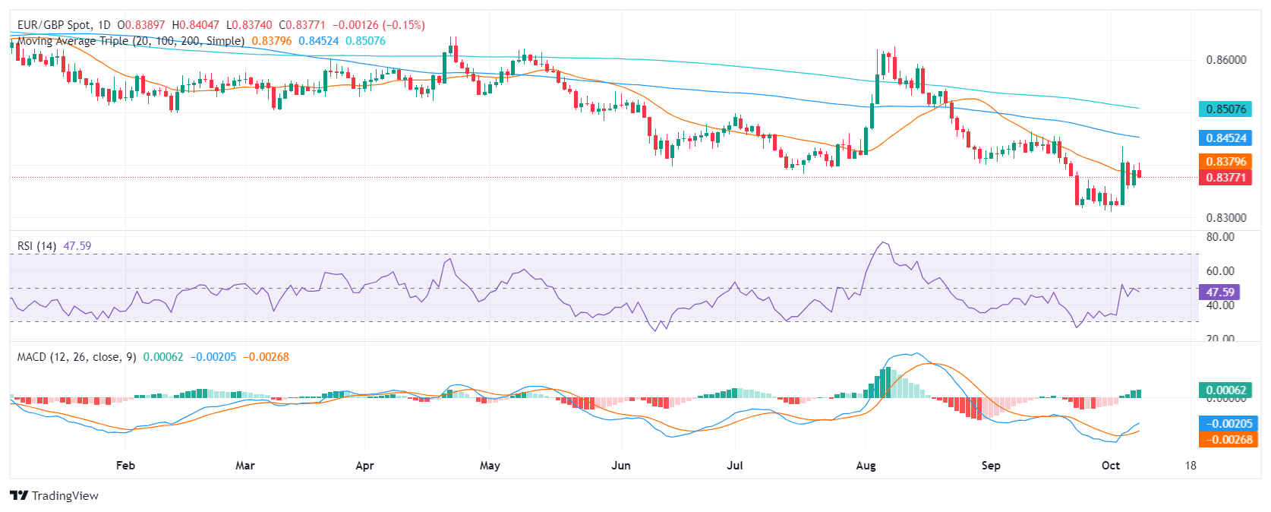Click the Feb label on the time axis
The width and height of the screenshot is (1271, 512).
125,466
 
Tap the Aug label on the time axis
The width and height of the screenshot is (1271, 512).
866,466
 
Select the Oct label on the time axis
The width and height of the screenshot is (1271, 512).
1111,466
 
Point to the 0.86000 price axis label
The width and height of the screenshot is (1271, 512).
1226,60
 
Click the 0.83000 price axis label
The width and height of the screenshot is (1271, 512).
1226,218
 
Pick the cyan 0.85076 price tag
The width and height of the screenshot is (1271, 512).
1226,109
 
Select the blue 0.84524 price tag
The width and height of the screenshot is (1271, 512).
1226,138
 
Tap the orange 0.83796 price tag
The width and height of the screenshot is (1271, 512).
1226,162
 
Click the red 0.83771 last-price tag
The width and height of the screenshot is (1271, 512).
1226,178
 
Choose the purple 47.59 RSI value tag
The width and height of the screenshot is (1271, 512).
1220,292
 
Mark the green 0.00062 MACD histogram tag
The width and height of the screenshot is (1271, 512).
1226,390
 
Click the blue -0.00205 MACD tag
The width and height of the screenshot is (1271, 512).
1226,424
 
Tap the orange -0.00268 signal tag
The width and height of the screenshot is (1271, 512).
1226,440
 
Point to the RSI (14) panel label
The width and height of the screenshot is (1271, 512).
36,246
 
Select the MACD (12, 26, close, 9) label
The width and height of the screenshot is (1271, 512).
77,357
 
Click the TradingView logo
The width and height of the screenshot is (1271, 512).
55,496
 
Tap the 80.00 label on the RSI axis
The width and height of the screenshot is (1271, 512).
1220,237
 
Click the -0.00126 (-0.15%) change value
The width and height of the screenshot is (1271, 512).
379,25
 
